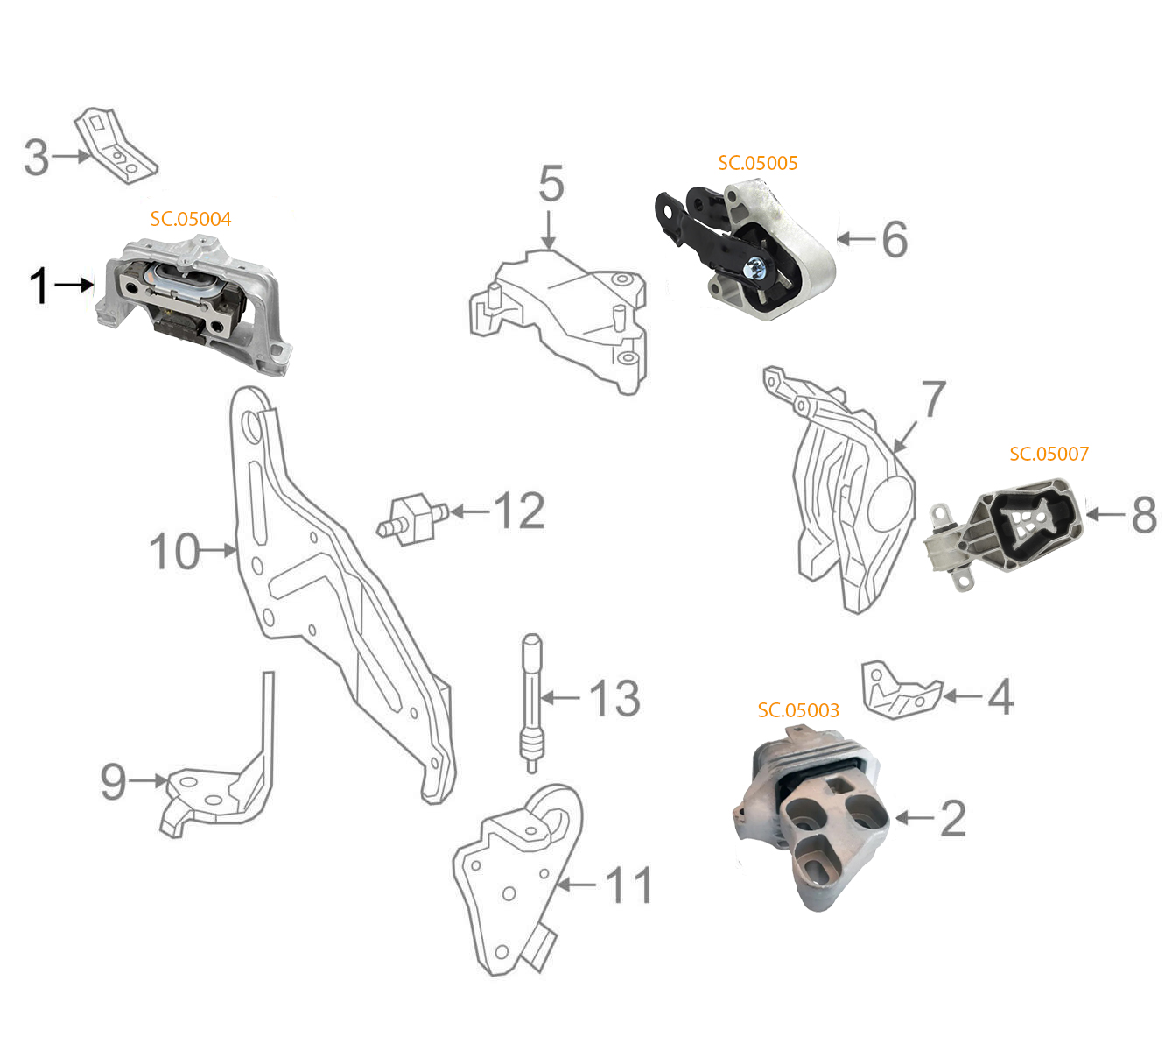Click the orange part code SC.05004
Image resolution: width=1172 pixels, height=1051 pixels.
(x=190, y=219)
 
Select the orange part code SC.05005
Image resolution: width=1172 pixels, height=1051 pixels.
(x=758, y=163)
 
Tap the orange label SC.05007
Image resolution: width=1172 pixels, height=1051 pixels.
(x=1049, y=454)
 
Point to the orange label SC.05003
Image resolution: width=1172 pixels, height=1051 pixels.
(x=798, y=710)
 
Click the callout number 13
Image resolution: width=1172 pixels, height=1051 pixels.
(x=615, y=698)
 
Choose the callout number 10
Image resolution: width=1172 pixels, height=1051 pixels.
(x=174, y=551)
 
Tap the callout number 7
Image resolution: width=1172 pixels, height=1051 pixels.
(x=934, y=399)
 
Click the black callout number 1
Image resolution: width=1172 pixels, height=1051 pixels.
(x=39, y=286)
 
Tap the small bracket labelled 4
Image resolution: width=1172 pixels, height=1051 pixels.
(x=900, y=691)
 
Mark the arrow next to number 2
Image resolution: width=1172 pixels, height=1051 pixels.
(x=914, y=817)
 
